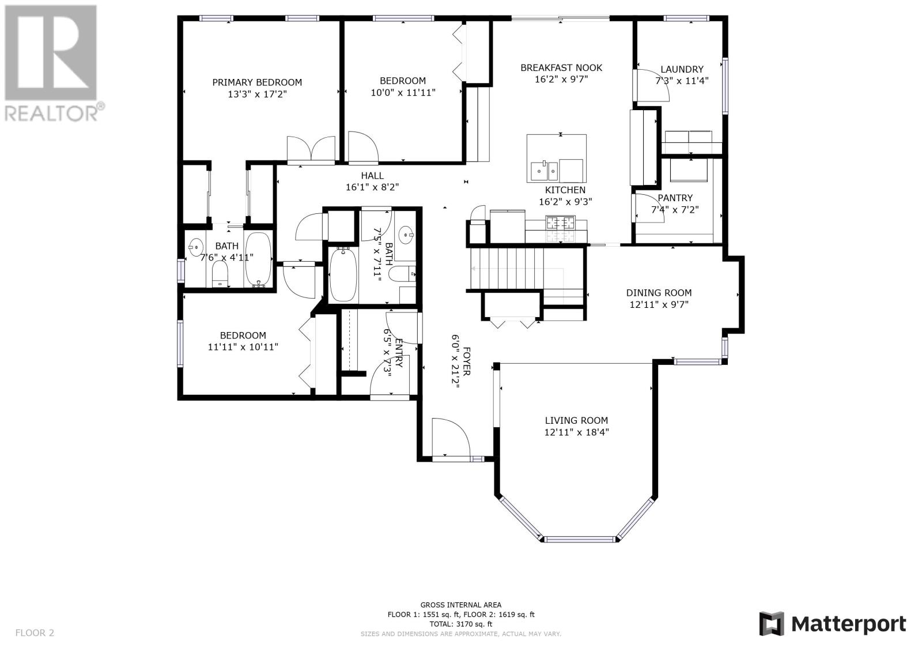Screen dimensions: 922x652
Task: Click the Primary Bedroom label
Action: click(257, 82)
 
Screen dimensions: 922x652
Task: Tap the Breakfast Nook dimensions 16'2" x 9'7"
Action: click(561, 79)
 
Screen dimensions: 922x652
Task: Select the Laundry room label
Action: click(682, 69)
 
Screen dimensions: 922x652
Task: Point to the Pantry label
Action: click(675, 198)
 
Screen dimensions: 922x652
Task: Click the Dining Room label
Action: click(659, 293)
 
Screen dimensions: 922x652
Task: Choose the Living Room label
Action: click(576, 420)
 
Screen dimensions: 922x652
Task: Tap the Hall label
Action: click(372, 176)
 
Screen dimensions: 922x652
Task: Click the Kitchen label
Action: click(565, 190)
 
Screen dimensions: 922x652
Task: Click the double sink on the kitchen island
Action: click(544, 171)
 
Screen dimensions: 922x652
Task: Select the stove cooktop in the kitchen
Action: click(560, 229)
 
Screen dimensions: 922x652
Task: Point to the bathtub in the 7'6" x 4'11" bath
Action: click(258, 259)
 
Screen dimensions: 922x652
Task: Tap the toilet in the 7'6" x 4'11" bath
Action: click(220, 274)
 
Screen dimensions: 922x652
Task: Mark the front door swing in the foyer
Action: click(451, 436)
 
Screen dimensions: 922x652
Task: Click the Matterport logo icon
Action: click(772, 624)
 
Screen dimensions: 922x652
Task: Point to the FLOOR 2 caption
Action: click(35, 633)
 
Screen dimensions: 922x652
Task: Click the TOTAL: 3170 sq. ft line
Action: click(460, 624)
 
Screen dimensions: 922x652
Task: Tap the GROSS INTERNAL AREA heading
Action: click(460, 605)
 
